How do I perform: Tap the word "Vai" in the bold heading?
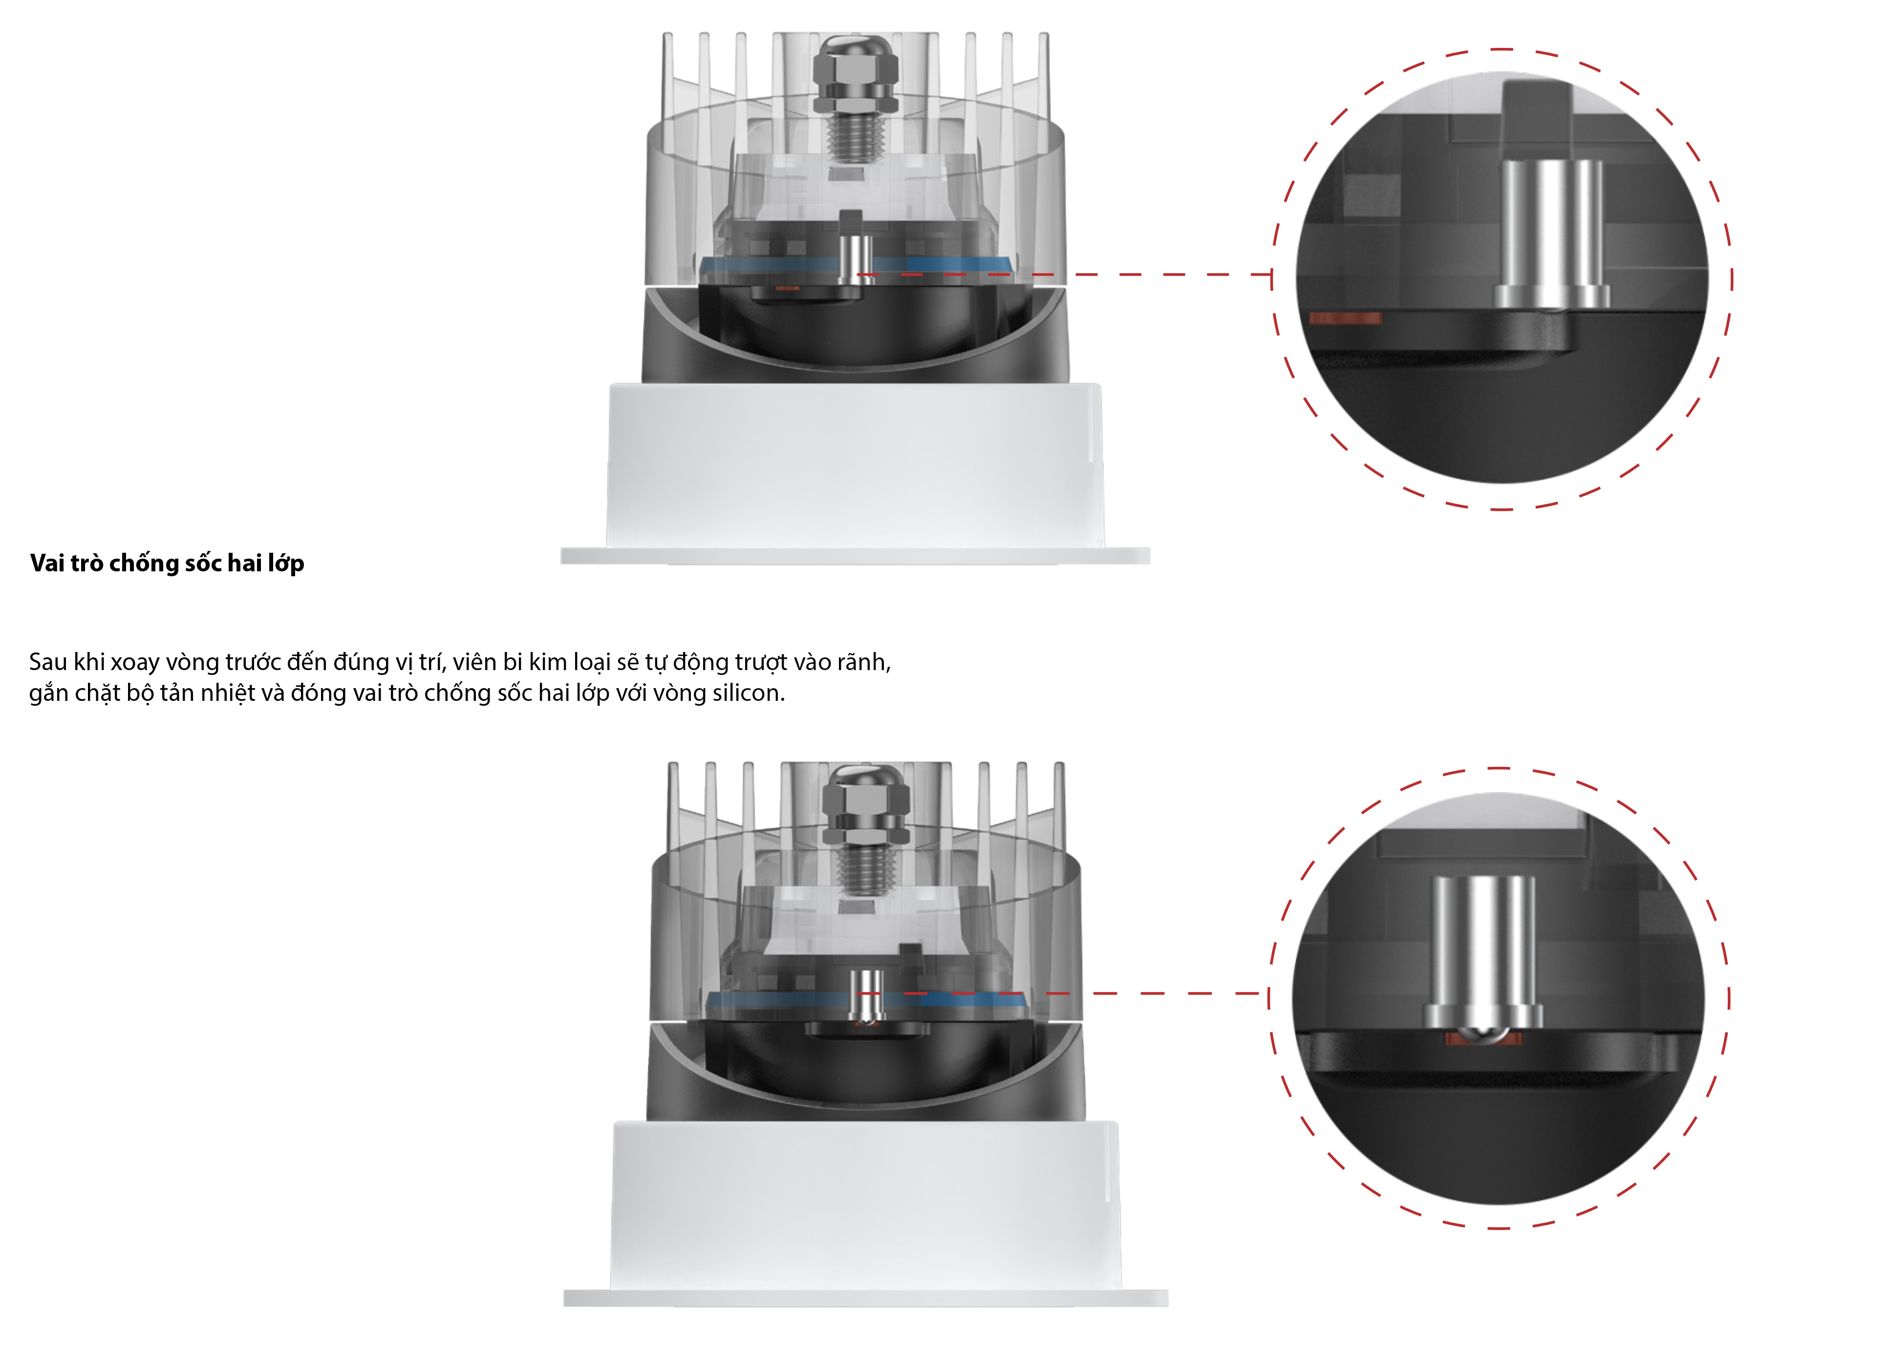click(x=47, y=564)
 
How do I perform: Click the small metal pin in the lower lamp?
click(x=867, y=995)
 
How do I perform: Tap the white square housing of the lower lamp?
click(x=866, y=1205)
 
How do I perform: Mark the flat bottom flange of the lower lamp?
click(x=866, y=1298)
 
